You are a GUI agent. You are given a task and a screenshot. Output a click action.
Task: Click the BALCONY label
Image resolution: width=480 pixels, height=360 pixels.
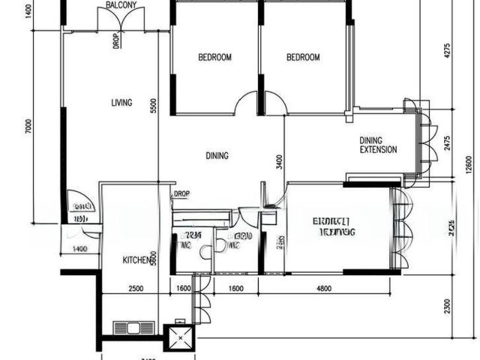click(x=121, y=4)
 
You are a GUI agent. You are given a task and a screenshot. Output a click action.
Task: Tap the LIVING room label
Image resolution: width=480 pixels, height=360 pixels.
click(x=121, y=103)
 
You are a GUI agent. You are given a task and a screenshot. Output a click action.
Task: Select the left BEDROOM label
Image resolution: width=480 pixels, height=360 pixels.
click(x=214, y=57)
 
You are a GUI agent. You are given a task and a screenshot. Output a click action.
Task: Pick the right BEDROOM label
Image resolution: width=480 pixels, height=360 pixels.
click(x=303, y=57)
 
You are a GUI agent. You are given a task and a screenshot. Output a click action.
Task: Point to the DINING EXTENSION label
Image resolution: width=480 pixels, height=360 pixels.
click(x=378, y=145)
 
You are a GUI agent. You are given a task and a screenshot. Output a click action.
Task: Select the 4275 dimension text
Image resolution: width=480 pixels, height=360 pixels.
click(x=447, y=51)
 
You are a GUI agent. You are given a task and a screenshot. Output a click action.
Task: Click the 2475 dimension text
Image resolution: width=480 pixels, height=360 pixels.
click(x=447, y=142)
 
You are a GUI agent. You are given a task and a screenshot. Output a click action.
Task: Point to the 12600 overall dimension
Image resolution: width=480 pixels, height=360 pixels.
click(x=469, y=163)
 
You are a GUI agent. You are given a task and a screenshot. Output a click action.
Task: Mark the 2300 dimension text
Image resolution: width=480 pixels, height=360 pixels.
click(x=447, y=307)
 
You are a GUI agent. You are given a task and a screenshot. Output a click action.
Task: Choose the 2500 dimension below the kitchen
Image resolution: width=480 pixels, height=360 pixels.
click(x=136, y=288)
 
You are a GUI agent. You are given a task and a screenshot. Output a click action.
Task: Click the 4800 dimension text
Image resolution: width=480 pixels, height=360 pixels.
click(x=324, y=288)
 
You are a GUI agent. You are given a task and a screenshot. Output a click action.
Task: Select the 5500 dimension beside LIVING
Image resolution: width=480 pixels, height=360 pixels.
click(x=153, y=106)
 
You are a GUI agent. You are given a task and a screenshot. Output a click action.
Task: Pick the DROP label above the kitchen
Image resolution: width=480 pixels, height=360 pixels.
click(x=181, y=194)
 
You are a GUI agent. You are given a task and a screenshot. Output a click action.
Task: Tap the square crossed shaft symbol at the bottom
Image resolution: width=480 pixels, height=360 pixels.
click(x=181, y=339)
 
